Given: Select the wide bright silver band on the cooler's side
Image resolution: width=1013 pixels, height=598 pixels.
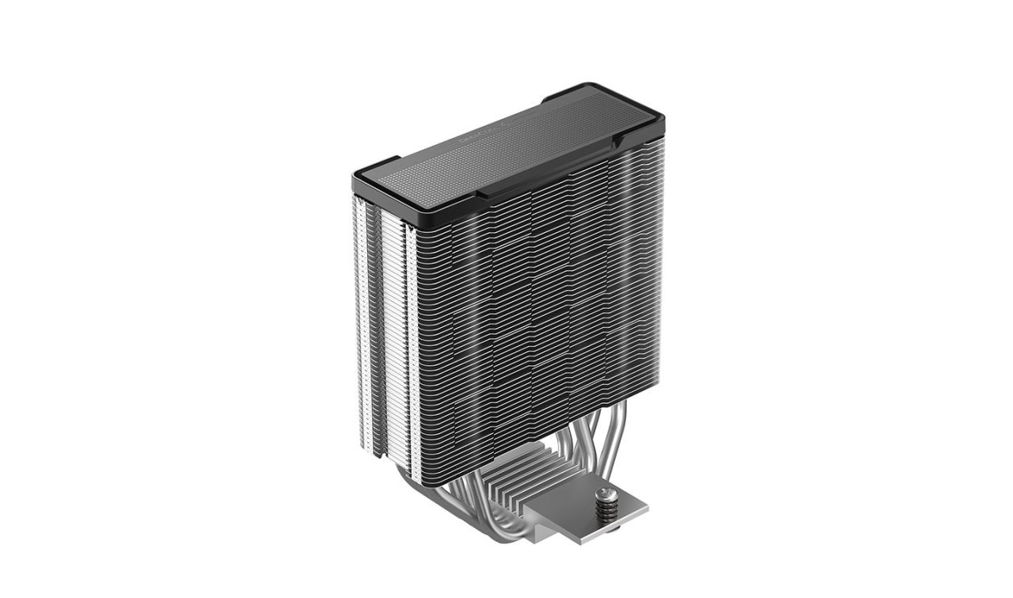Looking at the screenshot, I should point(393,333).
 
